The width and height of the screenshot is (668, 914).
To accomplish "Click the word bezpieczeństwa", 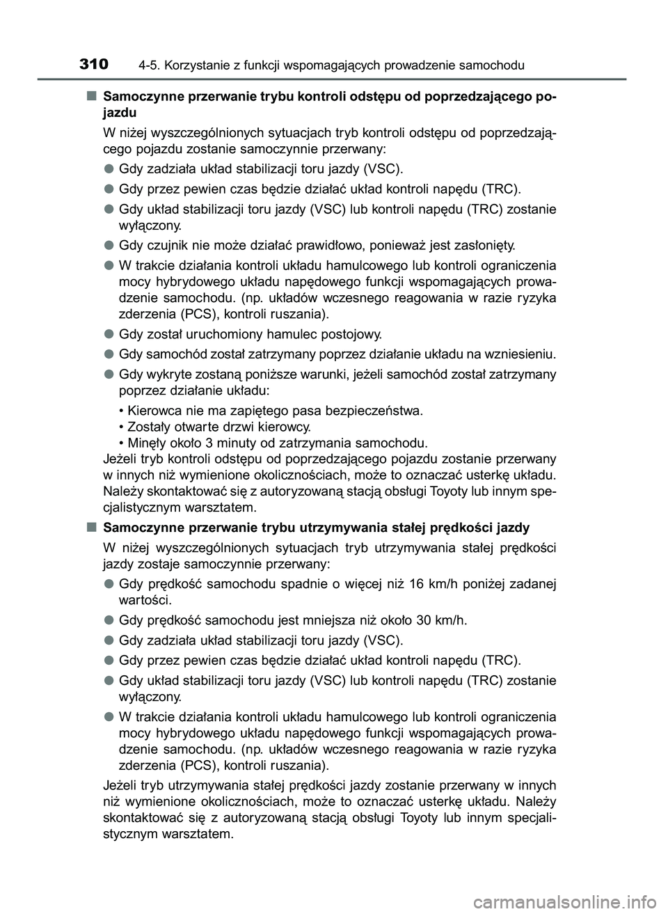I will point(377,411).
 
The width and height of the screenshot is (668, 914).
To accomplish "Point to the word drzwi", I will point(230,427).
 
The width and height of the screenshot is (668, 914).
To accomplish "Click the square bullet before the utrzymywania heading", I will point(92,527).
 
